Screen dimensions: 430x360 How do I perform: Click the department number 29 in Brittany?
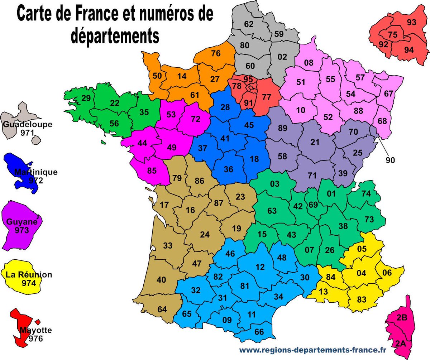coord(86,98)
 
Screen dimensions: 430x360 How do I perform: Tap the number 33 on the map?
coord(168,246)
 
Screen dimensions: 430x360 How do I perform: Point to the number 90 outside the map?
coord(390,160)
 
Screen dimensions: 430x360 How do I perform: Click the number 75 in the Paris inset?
coord(393,35)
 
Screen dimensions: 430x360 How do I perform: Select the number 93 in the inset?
coord(412,23)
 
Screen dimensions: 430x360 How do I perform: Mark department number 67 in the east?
coord(388,93)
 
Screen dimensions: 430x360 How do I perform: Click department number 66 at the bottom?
coord(259,332)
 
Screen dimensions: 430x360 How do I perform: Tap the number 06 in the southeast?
coord(387,273)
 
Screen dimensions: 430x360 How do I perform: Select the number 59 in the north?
coord(279,34)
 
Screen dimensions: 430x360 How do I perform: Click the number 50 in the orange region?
coord(157,76)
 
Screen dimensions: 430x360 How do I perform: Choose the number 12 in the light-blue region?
coord(261,267)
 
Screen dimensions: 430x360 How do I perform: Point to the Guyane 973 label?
coord(22,225)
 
